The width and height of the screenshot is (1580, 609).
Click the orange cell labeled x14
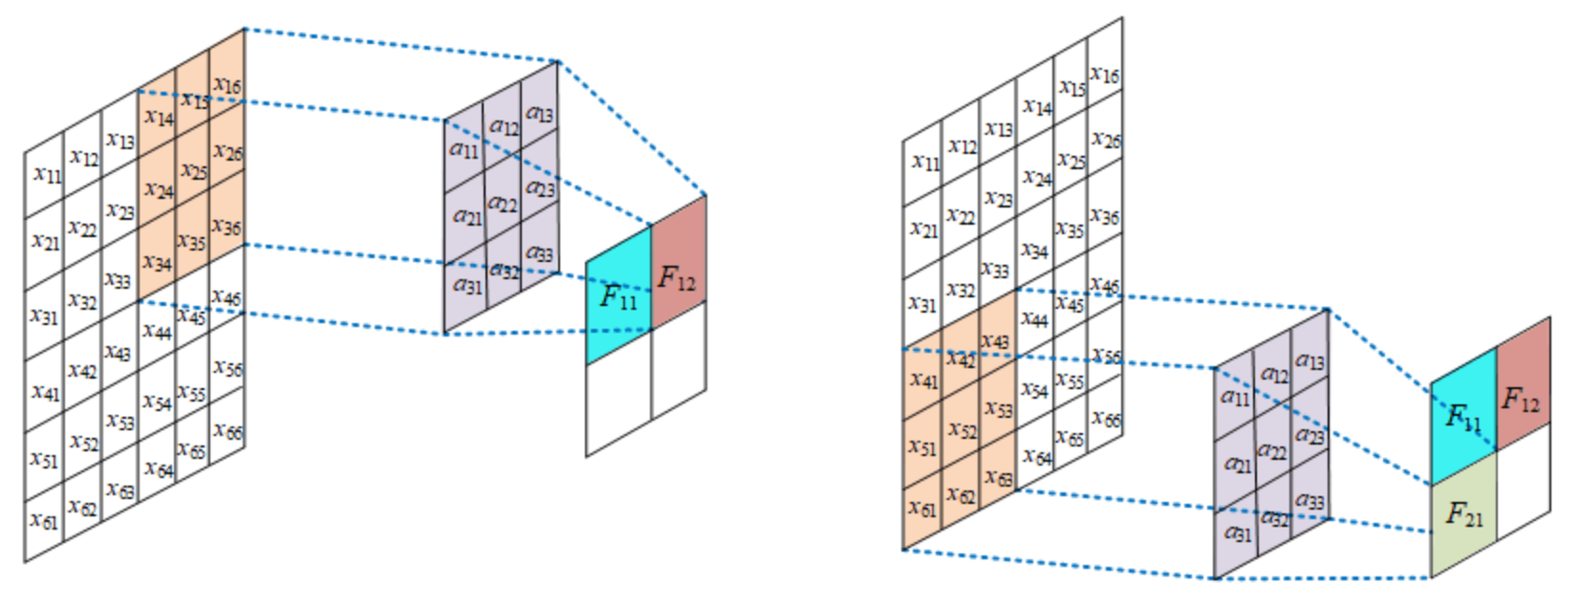[158, 117]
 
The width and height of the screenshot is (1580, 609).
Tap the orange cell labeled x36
[227, 226]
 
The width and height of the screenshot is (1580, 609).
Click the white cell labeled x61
[44, 520]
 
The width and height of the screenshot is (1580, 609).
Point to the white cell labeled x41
[44, 391]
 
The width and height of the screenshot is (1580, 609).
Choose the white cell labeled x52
[83, 443]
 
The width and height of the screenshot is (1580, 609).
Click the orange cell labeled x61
[922, 508]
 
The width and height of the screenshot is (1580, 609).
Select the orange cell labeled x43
[996, 341]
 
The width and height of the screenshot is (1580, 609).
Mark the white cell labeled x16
[1105, 74]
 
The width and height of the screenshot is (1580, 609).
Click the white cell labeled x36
[1105, 217]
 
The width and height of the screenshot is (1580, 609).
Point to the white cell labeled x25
[1071, 161]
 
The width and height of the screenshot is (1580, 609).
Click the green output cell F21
[1463, 515]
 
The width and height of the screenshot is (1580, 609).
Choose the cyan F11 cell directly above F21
[1463, 417]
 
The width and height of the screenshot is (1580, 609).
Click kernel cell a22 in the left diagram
[503, 203]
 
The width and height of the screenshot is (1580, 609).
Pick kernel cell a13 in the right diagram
[1309, 361]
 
